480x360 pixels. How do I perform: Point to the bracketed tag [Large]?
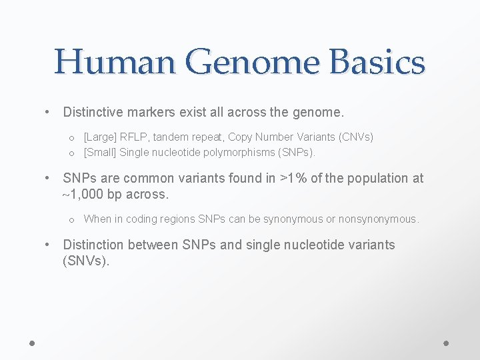pyautogui.click(x=100, y=137)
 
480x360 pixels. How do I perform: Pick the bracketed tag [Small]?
pyautogui.click(x=100, y=153)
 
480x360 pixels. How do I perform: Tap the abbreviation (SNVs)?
pyautogui.click(x=85, y=261)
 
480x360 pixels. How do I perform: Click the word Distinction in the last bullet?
pyautogui.click(x=93, y=245)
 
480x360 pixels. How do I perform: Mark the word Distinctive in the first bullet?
pyautogui.click(x=95, y=111)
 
